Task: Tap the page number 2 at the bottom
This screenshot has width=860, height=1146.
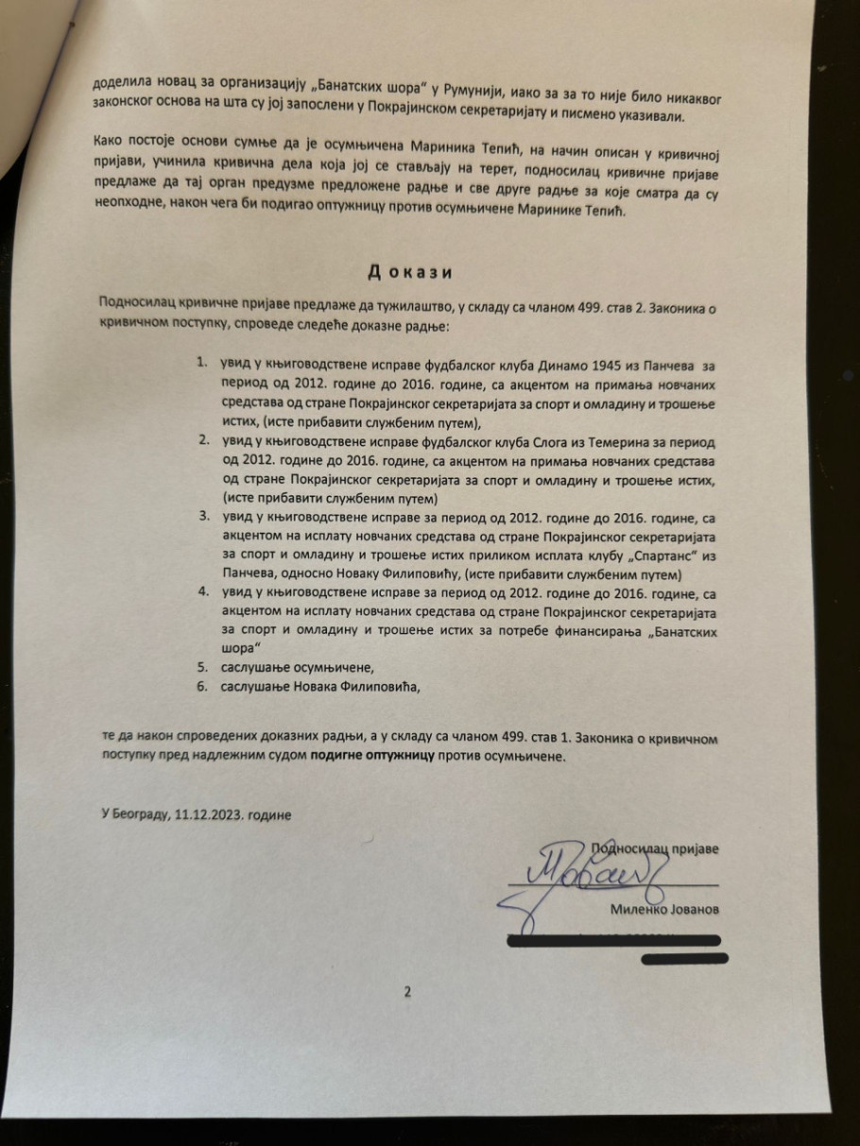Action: tap(408, 991)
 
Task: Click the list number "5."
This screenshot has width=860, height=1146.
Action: tap(202, 667)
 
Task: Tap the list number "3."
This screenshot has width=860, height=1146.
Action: tap(202, 518)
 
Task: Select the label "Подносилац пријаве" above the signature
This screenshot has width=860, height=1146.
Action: tap(655, 848)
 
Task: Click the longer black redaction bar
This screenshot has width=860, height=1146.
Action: tap(614, 940)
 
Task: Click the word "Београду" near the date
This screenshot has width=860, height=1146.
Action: tap(141, 815)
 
